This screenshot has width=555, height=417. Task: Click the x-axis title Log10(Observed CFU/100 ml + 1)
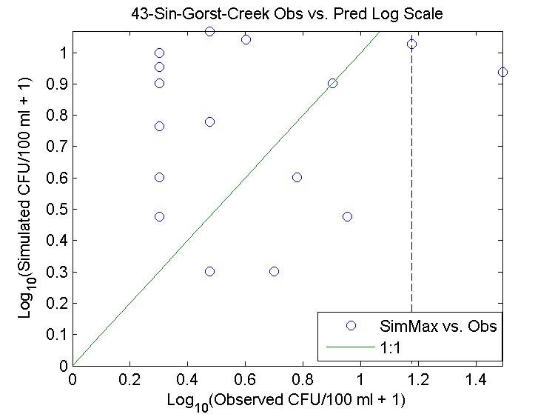coord(289,401)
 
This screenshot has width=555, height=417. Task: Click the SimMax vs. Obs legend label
coord(438,324)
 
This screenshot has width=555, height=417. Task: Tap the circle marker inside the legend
coord(351,324)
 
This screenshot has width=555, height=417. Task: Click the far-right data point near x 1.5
coord(503,72)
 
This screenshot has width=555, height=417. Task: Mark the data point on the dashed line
coord(412,44)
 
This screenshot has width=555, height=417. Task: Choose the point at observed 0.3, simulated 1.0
coord(159,53)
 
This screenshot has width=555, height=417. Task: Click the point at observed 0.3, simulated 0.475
coord(159,216)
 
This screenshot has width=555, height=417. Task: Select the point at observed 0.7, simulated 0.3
coord(274,271)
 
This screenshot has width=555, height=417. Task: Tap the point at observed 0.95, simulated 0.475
coord(347,216)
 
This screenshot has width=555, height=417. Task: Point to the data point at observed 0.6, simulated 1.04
coord(246,39)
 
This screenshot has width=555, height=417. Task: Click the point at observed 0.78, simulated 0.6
coord(297,177)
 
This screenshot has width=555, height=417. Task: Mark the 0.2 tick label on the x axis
coord(130,379)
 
